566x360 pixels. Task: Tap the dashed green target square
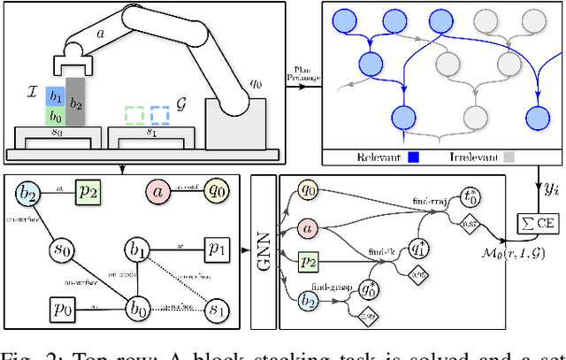click(x=134, y=115)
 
